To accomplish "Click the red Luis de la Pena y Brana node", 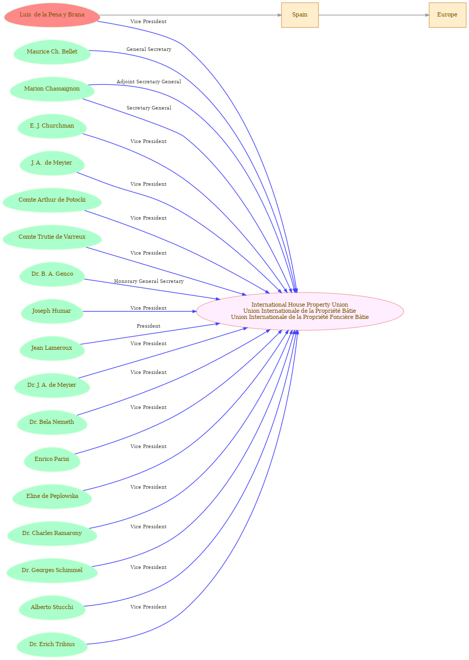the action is (x=52, y=15).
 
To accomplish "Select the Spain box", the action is (x=300, y=15).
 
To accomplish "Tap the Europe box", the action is (x=447, y=15).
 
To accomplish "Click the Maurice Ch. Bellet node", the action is (x=52, y=52).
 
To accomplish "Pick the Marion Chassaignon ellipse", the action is (x=52, y=89).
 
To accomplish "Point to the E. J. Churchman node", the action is (x=52, y=126).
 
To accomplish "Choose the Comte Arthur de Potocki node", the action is (x=52, y=200).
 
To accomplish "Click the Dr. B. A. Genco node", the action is (x=52, y=274).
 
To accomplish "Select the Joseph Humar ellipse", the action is (x=52, y=311).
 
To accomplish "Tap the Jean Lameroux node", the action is (x=52, y=348).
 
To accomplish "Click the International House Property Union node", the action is (x=300, y=311).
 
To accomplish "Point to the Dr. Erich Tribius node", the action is (x=52, y=645).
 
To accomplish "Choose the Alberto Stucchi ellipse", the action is (x=52, y=608).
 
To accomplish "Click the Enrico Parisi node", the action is (x=52, y=459).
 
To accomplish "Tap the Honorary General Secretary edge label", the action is (x=149, y=281).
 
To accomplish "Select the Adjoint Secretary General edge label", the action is (x=149, y=82).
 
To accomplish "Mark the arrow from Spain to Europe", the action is (x=374, y=15).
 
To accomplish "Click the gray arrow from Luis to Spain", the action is (x=191, y=15).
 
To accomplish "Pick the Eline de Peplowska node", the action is (x=52, y=496).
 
